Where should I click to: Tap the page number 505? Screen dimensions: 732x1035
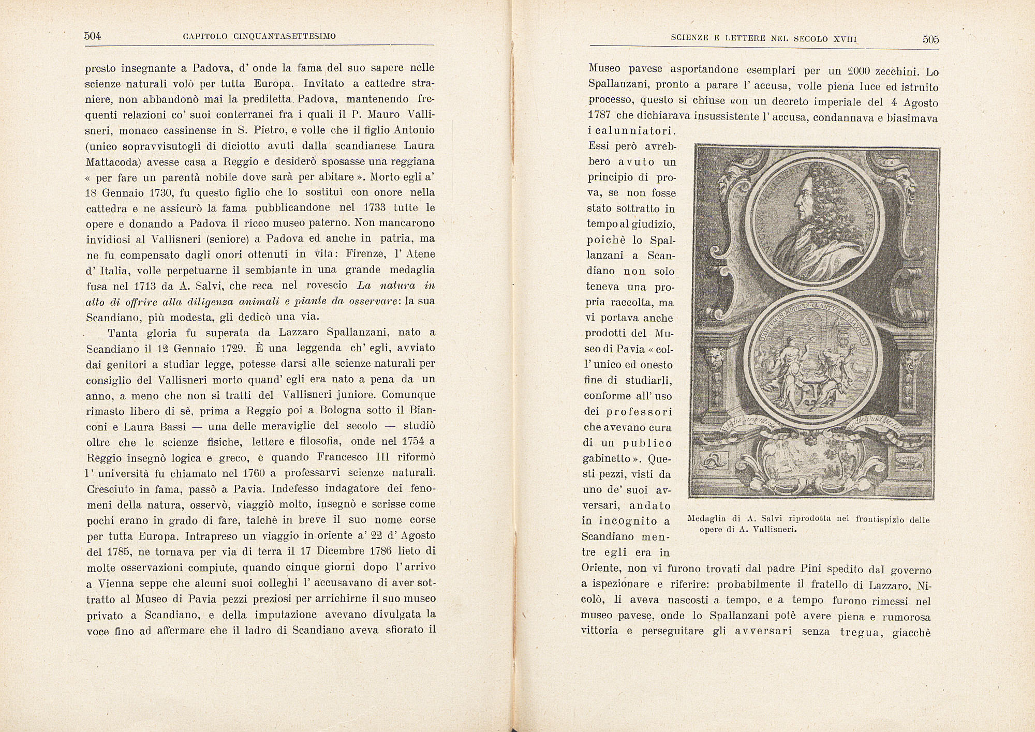[930, 39]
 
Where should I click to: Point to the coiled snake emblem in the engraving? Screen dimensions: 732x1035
[714, 461]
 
